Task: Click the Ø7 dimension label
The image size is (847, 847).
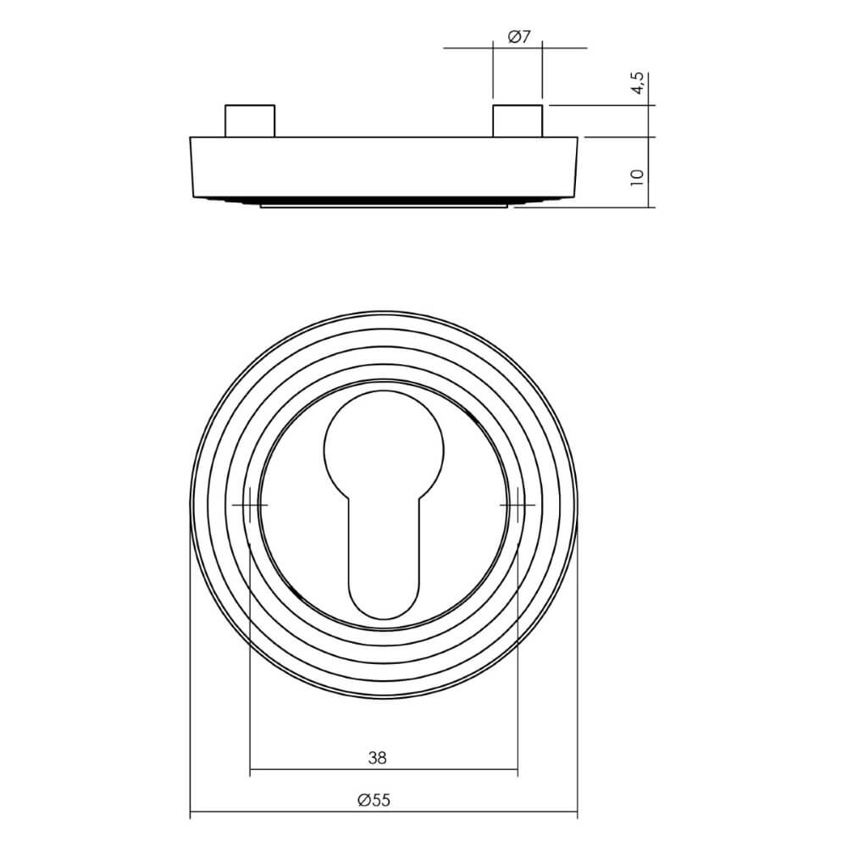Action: click(518, 36)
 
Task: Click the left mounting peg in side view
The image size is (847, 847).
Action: click(249, 120)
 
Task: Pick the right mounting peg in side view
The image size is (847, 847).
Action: click(518, 120)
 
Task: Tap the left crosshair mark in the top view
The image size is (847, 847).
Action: click(250, 505)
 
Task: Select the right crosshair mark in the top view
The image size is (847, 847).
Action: click(517, 505)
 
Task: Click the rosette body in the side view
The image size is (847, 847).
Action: click(384, 167)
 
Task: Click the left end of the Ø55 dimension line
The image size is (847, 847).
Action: click(190, 815)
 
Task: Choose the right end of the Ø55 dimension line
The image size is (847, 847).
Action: click(578, 815)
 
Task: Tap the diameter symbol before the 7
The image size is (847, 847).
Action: click(512, 36)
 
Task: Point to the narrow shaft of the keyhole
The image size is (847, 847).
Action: click(384, 542)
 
